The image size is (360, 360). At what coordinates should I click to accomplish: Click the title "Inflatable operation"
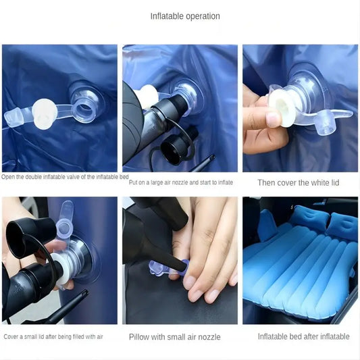coord(185,16)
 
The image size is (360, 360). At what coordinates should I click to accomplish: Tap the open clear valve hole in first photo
coord(84,108)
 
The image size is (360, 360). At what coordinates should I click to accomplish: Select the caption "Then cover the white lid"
coord(299,183)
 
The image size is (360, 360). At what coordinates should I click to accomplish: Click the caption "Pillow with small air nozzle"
coord(175,337)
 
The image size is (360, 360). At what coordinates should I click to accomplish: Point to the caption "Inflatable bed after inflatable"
coord(303,336)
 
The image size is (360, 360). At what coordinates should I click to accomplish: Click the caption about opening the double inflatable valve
coord(65,177)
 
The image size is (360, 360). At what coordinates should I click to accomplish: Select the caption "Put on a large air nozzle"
coord(181,182)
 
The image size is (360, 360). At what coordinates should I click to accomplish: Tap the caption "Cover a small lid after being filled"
coord(53,337)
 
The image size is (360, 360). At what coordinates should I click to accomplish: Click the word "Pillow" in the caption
coord(138,337)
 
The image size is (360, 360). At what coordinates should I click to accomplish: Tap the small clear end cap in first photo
coord(14,117)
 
